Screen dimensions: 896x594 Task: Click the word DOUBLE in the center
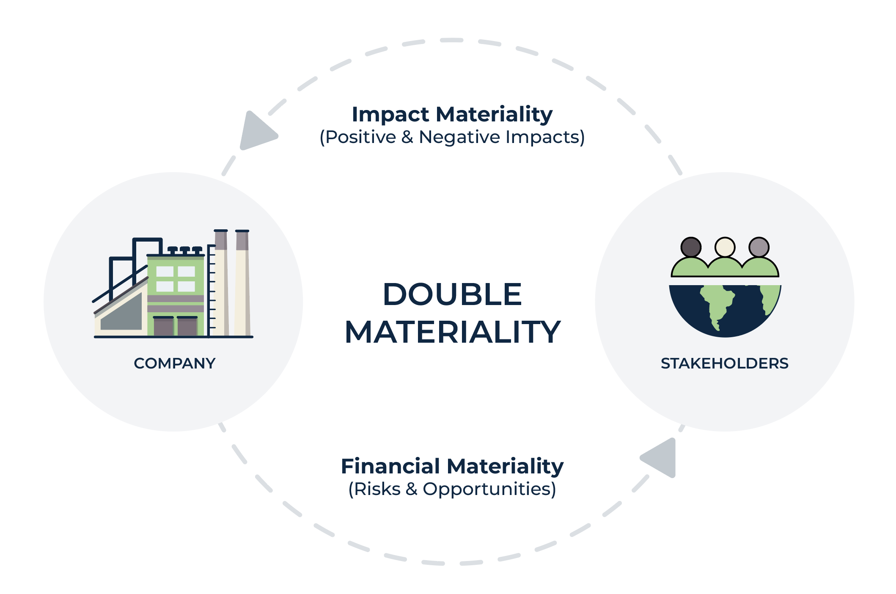point(452,294)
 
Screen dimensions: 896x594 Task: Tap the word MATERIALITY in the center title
point(453,332)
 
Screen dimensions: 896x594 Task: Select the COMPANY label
point(175,363)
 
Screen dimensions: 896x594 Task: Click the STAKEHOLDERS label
point(725,363)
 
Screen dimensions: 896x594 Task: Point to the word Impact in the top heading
point(391,115)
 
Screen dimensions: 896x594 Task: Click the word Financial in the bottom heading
point(390,466)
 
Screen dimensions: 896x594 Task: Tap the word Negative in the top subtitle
point(460,137)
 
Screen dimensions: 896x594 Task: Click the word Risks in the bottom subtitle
point(377,489)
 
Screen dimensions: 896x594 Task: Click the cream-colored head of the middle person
point(725,247)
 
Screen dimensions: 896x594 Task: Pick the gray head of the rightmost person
point(759,247)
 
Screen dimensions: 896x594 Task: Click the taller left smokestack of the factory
point(221,283)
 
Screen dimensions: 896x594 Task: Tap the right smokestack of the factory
point(242,283)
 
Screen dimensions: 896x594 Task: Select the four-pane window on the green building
point(176,279)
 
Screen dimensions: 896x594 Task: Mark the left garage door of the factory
point(163,326)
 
